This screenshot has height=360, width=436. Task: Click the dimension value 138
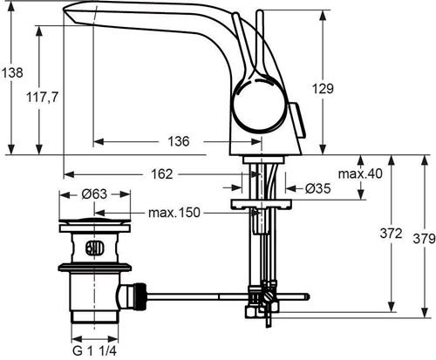(12, 72)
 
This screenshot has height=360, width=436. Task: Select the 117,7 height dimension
(43, 98)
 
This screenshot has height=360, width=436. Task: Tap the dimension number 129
(323, 88)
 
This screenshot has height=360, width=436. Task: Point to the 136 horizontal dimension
(179, 141)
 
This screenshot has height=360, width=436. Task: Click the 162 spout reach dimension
(162, 174)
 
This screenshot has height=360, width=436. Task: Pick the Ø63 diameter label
(94, 194)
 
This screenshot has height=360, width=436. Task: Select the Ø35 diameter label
(318, 189)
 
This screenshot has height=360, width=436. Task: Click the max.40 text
(360, 173)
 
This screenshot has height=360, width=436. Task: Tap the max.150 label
(174, 213)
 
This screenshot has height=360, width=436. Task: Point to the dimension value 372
(392, 234)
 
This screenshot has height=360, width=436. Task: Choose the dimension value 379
(425, 239)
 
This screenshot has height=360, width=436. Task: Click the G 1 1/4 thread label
(94, 351)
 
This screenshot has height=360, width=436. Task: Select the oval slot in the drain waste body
(94, 248)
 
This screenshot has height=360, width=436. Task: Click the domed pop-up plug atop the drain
(94, 221)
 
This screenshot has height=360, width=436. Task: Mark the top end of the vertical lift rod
(259, 11)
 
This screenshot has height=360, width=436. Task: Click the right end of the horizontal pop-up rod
(307, 296)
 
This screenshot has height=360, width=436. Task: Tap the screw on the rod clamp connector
(269, 298)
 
